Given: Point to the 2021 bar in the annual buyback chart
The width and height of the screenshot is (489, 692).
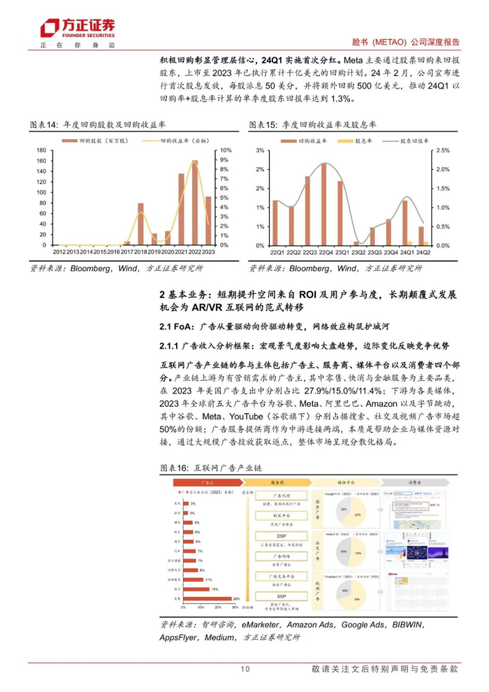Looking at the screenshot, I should [x=181, y=209].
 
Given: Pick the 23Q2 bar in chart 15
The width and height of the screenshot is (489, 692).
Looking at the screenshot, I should [x=356, y=243].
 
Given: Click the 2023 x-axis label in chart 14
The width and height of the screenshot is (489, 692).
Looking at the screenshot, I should [x=207, y=252].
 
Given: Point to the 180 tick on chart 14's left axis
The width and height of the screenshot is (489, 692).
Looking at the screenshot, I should [x=41, y=150].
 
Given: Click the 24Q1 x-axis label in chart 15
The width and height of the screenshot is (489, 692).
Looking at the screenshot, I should [x=404, y=252].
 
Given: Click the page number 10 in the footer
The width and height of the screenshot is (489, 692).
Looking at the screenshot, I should [x=245, y=669].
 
